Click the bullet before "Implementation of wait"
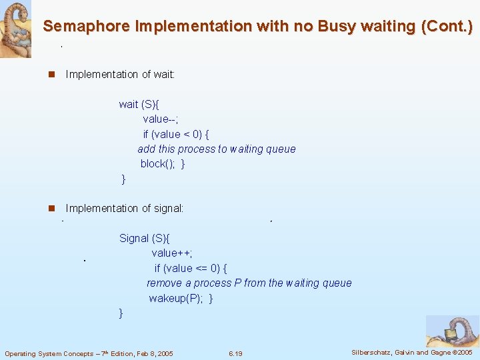click(51, 75)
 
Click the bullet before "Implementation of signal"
click(51, 209)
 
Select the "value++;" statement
click(172, 253)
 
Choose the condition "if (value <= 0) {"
click(191, 268)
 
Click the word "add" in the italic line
click(146, 149)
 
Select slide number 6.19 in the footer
click(235, 353)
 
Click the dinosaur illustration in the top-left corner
click(15, 29)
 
